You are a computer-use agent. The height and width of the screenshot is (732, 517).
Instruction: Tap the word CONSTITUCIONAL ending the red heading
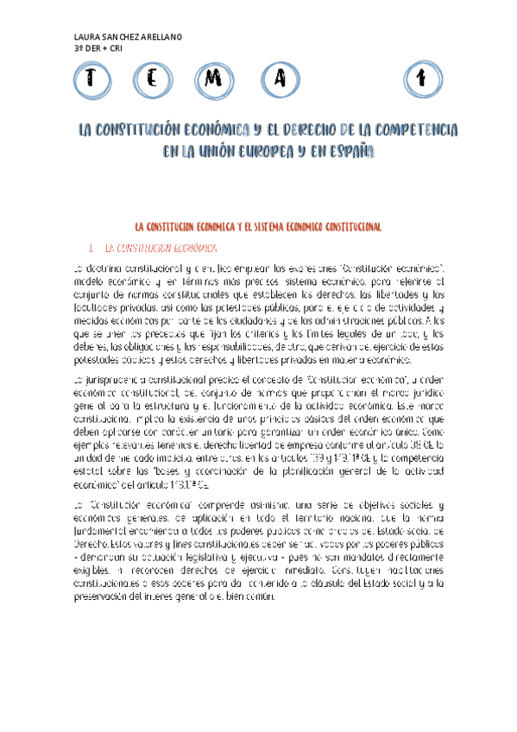pos(344,226)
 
